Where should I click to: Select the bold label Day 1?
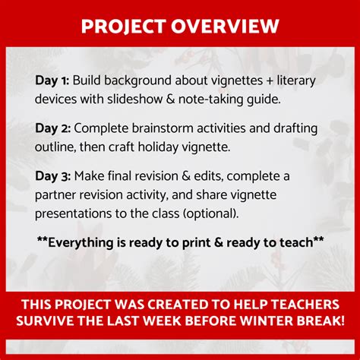pos(52,79)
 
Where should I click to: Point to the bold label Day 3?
pos(52,176)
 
